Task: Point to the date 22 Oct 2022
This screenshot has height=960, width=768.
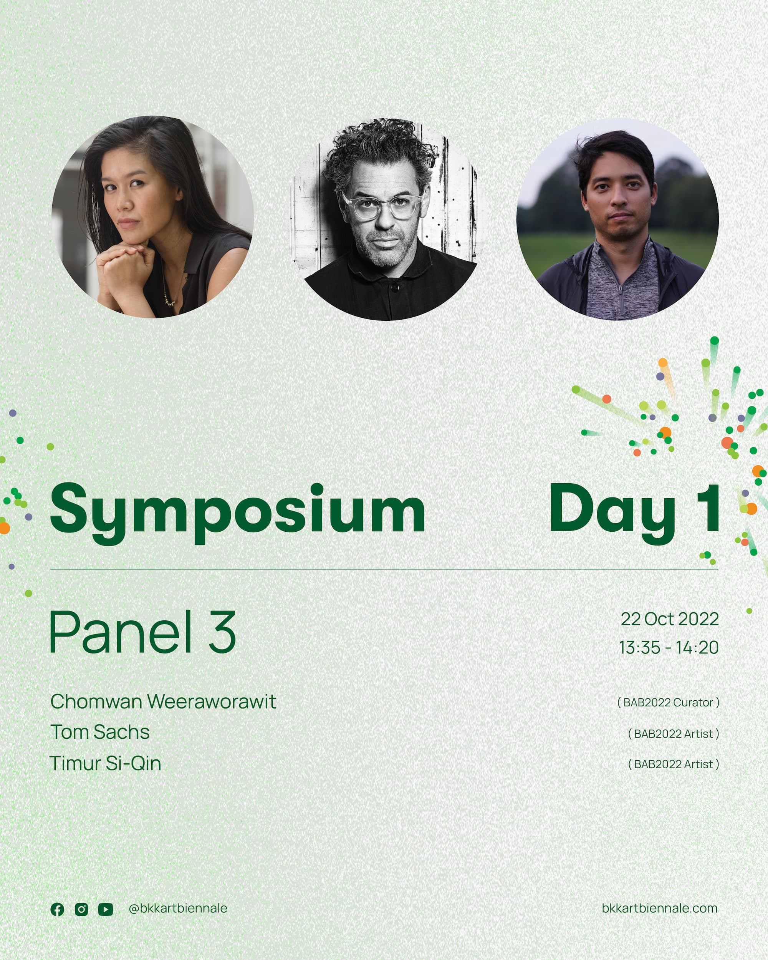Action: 670,619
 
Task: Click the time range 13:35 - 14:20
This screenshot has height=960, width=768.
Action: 669,647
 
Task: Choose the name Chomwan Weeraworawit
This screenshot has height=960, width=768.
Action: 164,702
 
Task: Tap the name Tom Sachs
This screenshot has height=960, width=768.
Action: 100,733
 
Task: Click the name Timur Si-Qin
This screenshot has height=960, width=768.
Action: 106,764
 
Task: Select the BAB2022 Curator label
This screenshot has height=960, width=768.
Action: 668,703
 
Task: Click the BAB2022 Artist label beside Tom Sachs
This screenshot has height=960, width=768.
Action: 674,734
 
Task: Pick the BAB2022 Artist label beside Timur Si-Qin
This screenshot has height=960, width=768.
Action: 674,764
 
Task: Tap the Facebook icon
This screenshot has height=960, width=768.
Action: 58,909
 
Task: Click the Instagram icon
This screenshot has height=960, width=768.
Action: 81,909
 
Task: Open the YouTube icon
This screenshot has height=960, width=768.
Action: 106,909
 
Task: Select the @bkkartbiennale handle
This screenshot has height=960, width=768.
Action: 178,909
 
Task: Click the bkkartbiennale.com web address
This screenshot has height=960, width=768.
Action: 660,909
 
